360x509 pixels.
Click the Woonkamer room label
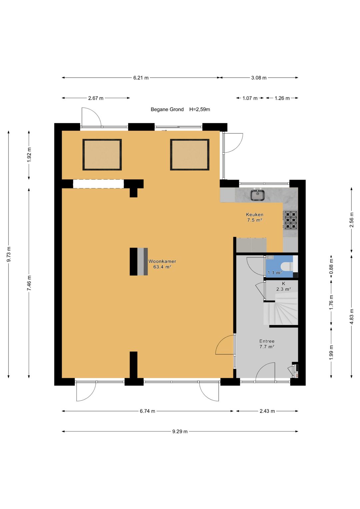tap(162, 261)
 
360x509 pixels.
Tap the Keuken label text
tap(255, 214)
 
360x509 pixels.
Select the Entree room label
tap(267, 341)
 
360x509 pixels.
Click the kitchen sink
tap(257, 195)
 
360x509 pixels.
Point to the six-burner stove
tap(290, 220)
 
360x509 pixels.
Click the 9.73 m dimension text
tap(9, 254)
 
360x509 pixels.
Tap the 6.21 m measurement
tap(141, 78)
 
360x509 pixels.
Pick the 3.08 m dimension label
tap(259, 78)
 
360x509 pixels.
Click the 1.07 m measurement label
tap(250, 98)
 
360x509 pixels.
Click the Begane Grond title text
tap(167, 109)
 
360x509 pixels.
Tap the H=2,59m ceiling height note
tap(200, 109)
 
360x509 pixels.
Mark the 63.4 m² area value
tap(162, 267)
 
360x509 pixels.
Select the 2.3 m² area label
tap(284, 289)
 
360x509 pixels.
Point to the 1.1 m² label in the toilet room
tap(275, 272)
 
